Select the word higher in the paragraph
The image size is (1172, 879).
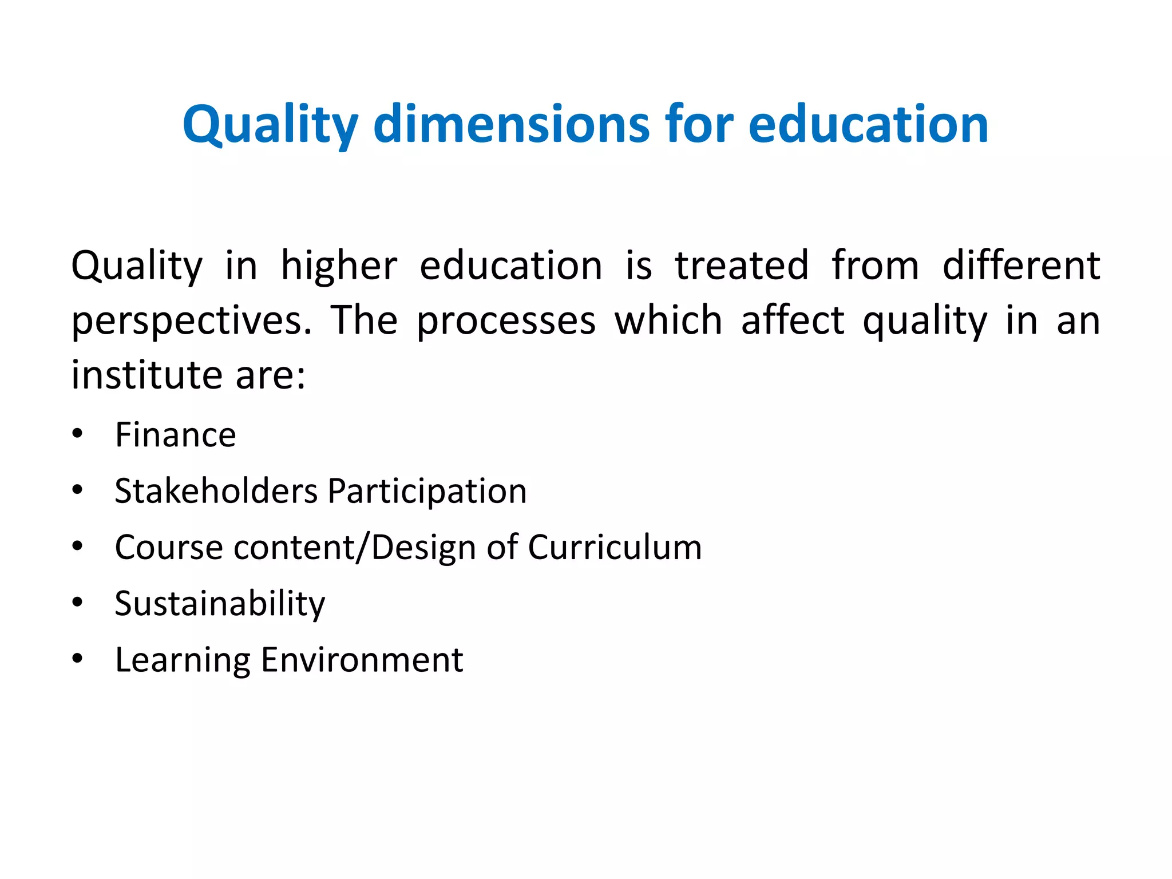pos(339,266)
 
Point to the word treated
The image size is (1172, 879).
pos(742,266)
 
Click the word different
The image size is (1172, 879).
pos(1021,266)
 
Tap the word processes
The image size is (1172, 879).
pos(506,321)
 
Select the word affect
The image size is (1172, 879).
pos(793,321)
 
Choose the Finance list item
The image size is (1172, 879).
pos(175,435)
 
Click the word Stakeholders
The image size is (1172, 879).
pos(216,491)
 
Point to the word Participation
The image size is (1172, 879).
pos(427,491)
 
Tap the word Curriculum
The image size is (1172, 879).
pos(615,547)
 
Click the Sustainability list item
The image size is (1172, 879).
pos(220,604)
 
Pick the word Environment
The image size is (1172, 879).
pos(362,660)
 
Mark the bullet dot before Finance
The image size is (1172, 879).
pos(77,433)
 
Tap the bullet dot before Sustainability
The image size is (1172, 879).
pos(77,602)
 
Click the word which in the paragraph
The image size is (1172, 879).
pos(668,321)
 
